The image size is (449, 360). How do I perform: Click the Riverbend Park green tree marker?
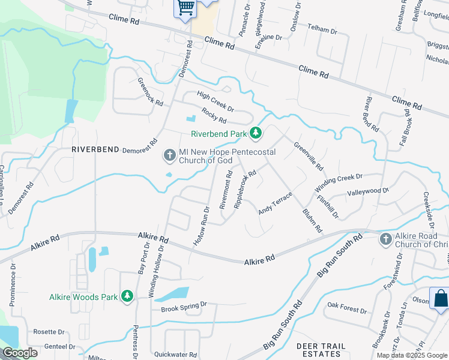pyautogui.click(x=256, y=133)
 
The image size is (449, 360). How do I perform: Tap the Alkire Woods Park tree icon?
pyautogui.click(x=127, y=296)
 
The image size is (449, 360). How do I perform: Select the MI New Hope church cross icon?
pyautogui.click(x=170, y=156)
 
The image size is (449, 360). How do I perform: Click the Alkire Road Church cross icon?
pyautogui.click(x=386, y=240)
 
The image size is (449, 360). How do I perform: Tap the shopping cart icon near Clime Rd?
pyautogui.click(x=186, y=8)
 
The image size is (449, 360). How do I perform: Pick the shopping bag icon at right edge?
pyautogui.click(x=440, y=298)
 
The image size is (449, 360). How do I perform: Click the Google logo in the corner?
pyautogui.click(x=20, y=353)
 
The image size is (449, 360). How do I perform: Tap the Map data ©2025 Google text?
pyautogui.click(x=412, y=355)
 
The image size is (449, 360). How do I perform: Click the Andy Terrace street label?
pyautogui.click(x=275, y=203)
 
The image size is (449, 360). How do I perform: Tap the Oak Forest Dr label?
pyautogui.click(x=346, y=310)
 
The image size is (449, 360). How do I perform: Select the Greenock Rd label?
pyautogui.click(x=150, y=92)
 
